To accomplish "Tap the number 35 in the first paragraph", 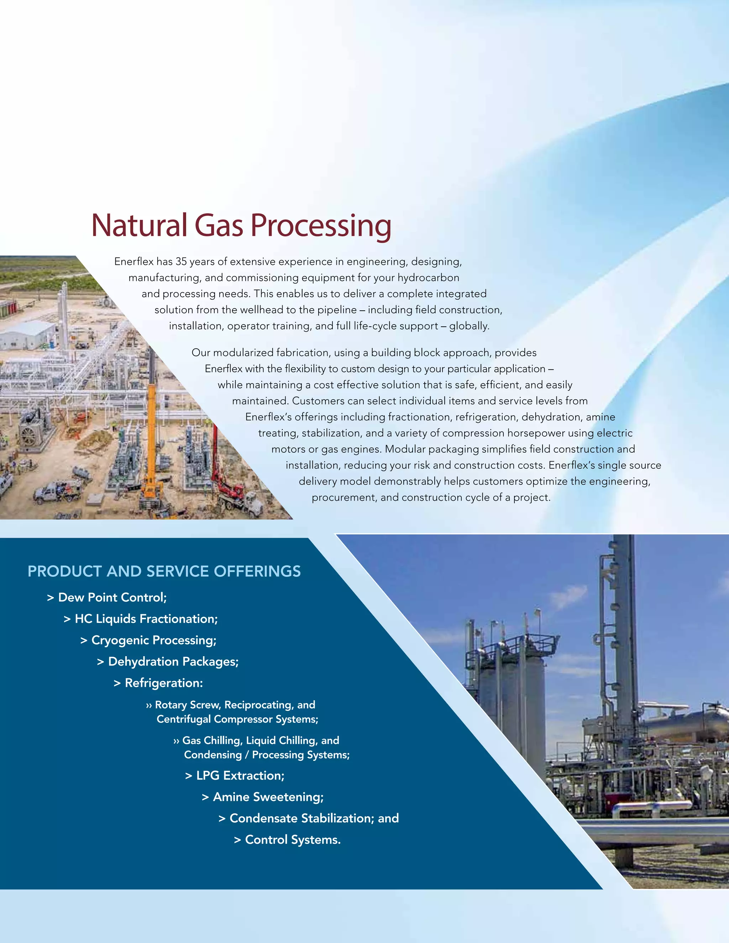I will pos(181,262).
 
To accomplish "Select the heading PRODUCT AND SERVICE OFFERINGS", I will pos(164,571).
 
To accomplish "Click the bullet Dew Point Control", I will pos(112,597).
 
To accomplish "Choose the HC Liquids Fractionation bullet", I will pos(146,619).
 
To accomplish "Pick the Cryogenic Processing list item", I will pos(153,640).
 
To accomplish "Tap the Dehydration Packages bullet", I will pos(173,662).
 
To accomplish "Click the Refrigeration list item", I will pos(163,683).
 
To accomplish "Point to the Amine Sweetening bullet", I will pos(268,797).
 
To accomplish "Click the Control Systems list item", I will pos(292,840).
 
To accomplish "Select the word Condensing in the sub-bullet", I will pos(213,755).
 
